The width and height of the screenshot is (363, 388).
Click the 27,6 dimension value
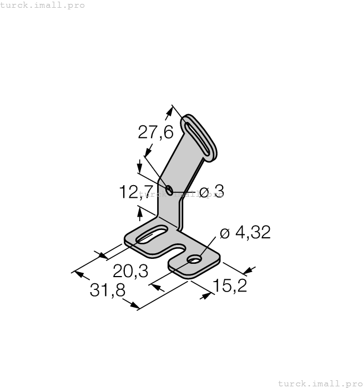coord(155,132)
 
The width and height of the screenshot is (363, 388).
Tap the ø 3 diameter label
coord(211,192)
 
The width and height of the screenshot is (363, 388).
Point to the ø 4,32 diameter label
coord(245,233)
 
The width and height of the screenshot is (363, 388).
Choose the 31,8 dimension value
coord(107,290)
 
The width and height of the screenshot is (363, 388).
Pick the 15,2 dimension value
coord(230,287)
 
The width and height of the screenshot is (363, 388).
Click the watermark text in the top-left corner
coord(43,5)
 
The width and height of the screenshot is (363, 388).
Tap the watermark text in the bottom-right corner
coord(319,383)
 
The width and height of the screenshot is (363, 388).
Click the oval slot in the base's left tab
coord(149,235)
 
